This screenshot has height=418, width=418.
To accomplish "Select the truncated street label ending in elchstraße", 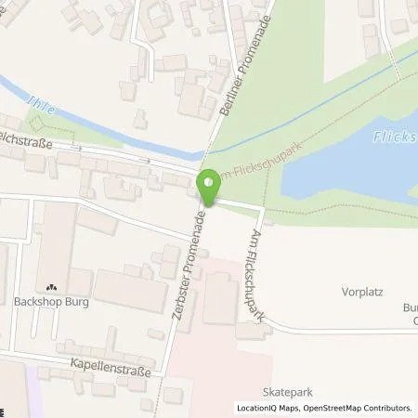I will [x=26, y=145].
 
